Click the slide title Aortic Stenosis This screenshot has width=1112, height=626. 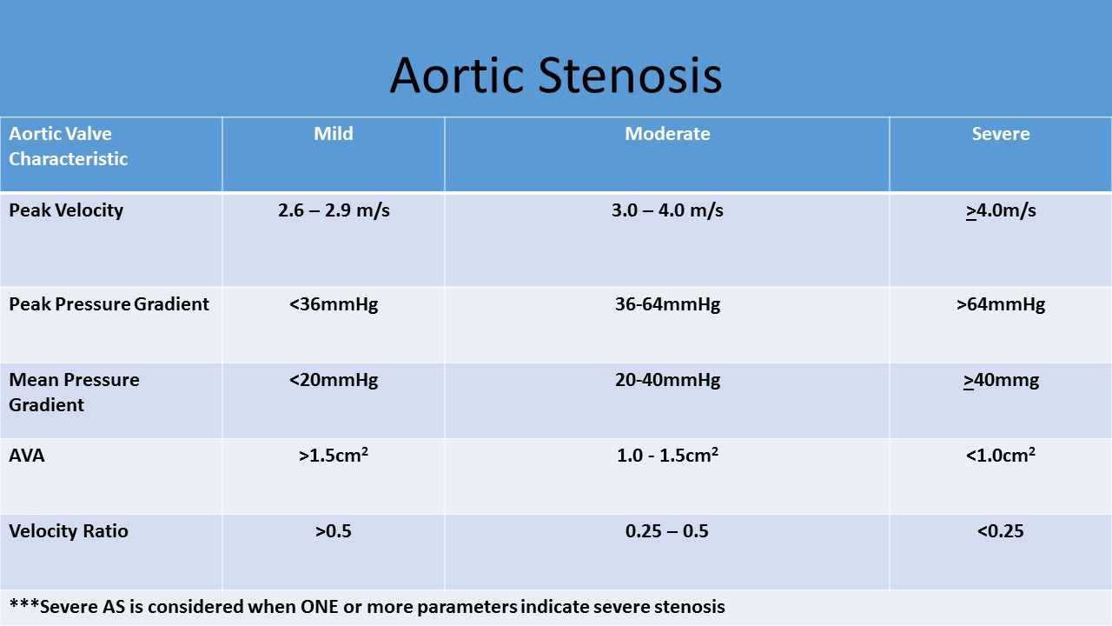tap(555, 76)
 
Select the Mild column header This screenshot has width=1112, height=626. tap(333, 134)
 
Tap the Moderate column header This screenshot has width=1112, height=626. tap(667, 134)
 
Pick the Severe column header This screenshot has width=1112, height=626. tap(1000, 134)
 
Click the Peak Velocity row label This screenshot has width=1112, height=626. tap(66, 210)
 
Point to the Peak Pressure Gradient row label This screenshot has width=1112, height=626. tap(109, 304)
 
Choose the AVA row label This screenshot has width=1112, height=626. tap(27, 455)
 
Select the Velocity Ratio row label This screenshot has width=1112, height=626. tap(69, 531)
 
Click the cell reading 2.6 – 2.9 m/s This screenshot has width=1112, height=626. tap(334, 210)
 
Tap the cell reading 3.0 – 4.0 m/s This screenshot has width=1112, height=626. tap(667, 210)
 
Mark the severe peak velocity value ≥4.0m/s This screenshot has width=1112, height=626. tap(1001, 210)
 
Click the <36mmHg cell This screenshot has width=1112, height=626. tap(334, 304)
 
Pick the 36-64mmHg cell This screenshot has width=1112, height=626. tap(668, 304)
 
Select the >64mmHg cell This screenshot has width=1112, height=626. tap(1001, 304)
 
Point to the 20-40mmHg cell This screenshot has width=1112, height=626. tap(668, 380)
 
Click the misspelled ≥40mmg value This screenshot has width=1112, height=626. tap(1001, 381)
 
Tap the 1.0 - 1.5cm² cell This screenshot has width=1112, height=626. tap(667, 455)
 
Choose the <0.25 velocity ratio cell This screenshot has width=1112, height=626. tap(1000, 531)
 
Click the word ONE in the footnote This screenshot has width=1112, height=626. tap(319, 607)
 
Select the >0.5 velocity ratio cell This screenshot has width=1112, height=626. tap(333, 531)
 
